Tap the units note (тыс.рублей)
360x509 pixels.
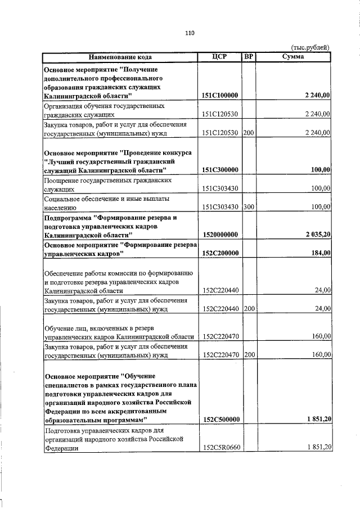310,48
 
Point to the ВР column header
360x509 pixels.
248,57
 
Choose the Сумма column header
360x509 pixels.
294,57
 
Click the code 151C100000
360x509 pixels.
220,97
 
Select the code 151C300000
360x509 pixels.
220,170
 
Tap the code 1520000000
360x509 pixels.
220,235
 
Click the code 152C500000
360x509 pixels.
220,420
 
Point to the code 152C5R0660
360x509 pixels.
220,448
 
